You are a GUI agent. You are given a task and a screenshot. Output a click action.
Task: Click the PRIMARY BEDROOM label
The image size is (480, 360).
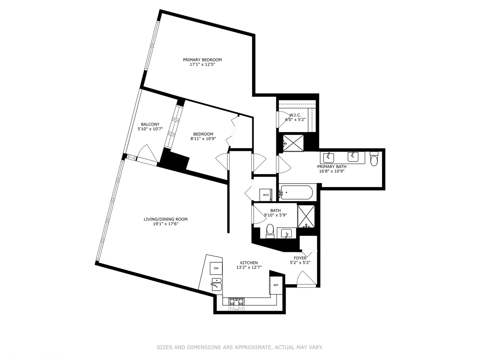tap(202, 60)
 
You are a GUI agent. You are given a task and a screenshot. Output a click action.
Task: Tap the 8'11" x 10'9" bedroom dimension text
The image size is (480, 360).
tap(203, 139)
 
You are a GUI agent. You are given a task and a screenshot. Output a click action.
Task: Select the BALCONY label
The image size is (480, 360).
tap(150, 124)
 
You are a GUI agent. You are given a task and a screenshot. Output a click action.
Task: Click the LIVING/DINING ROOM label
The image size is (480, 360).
tap(165, 219)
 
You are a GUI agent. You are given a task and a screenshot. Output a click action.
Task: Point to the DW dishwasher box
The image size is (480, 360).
tap(216, 268)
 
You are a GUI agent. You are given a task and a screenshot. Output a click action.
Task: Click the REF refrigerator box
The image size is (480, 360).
tap(276, 285)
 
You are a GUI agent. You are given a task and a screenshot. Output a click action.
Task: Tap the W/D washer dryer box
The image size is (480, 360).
tap(266, 195)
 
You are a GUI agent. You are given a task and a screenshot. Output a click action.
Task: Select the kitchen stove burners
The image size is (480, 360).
tap(236, 302)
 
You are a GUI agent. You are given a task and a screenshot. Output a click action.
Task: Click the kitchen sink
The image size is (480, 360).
tap(216, 285)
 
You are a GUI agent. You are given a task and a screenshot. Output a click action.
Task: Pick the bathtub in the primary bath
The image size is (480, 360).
tap(296, 193)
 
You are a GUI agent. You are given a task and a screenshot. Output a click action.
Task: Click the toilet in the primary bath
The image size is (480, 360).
tap(374, 160)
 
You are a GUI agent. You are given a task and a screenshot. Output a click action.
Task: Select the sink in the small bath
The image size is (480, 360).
tap(286, 233)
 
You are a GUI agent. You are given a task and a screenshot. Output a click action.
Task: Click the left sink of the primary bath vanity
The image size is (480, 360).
tap(328, 157)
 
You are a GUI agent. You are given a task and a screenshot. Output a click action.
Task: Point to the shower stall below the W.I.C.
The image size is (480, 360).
tap(293, 143)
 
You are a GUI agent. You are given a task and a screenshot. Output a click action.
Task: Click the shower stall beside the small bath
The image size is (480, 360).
tap(306, 216)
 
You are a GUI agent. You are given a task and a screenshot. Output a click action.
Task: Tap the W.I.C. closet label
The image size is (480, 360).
tap(295, 115)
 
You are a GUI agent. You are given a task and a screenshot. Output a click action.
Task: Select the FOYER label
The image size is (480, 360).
tap(300, 258)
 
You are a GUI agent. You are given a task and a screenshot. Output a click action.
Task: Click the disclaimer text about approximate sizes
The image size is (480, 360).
tap(240, 347)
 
